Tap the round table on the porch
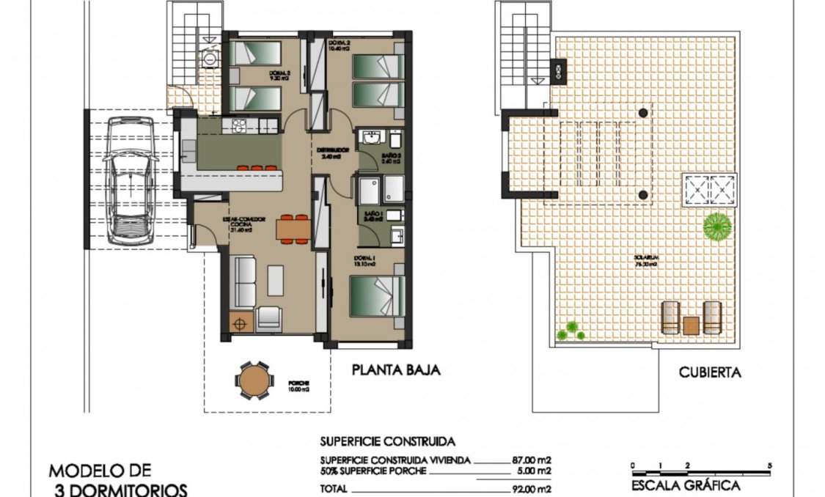coord(254,379)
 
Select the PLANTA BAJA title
coord(396,370)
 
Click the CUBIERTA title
coord(709,372)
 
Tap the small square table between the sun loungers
coord(691,324)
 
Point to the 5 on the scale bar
coord(769,465)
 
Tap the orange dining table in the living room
coord(293,229)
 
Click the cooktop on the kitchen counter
coord(238,126)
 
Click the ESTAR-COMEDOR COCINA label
coord(239,222)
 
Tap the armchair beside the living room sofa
coord(269,317)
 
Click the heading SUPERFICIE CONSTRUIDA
coord(387,441)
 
